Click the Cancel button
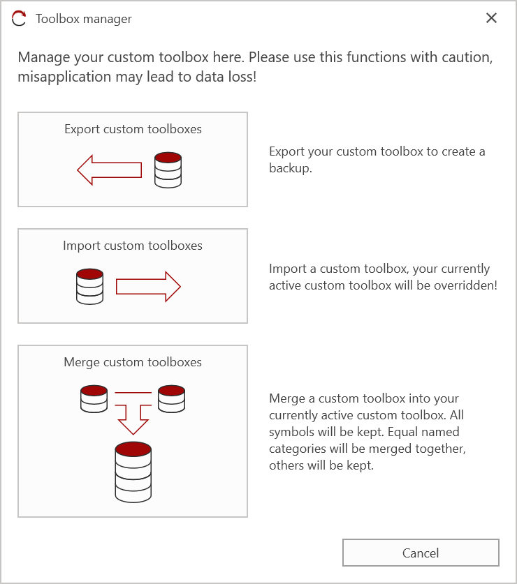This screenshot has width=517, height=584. click(421, 553)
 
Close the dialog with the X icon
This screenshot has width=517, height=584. click(491, 18)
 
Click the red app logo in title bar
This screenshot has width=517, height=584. click(20, 19)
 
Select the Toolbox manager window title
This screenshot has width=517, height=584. click(84, 19)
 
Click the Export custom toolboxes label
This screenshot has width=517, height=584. click(133, 129)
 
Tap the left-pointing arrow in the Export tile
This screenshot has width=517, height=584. click(109, 170)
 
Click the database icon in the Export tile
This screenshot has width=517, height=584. click(168, 170)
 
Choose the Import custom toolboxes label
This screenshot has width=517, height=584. click(133, 246)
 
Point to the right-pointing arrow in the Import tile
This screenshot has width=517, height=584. click(148, 286)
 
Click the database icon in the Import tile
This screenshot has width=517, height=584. click(89, 286)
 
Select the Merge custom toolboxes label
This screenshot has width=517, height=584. click(133, 362)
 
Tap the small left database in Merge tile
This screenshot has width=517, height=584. click(94, 398)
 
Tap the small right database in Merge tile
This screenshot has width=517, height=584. click(171, 398)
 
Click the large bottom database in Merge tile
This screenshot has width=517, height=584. click(133, 472)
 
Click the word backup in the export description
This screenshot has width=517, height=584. click(289, 168)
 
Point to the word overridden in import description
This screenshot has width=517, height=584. click(467, 285)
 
